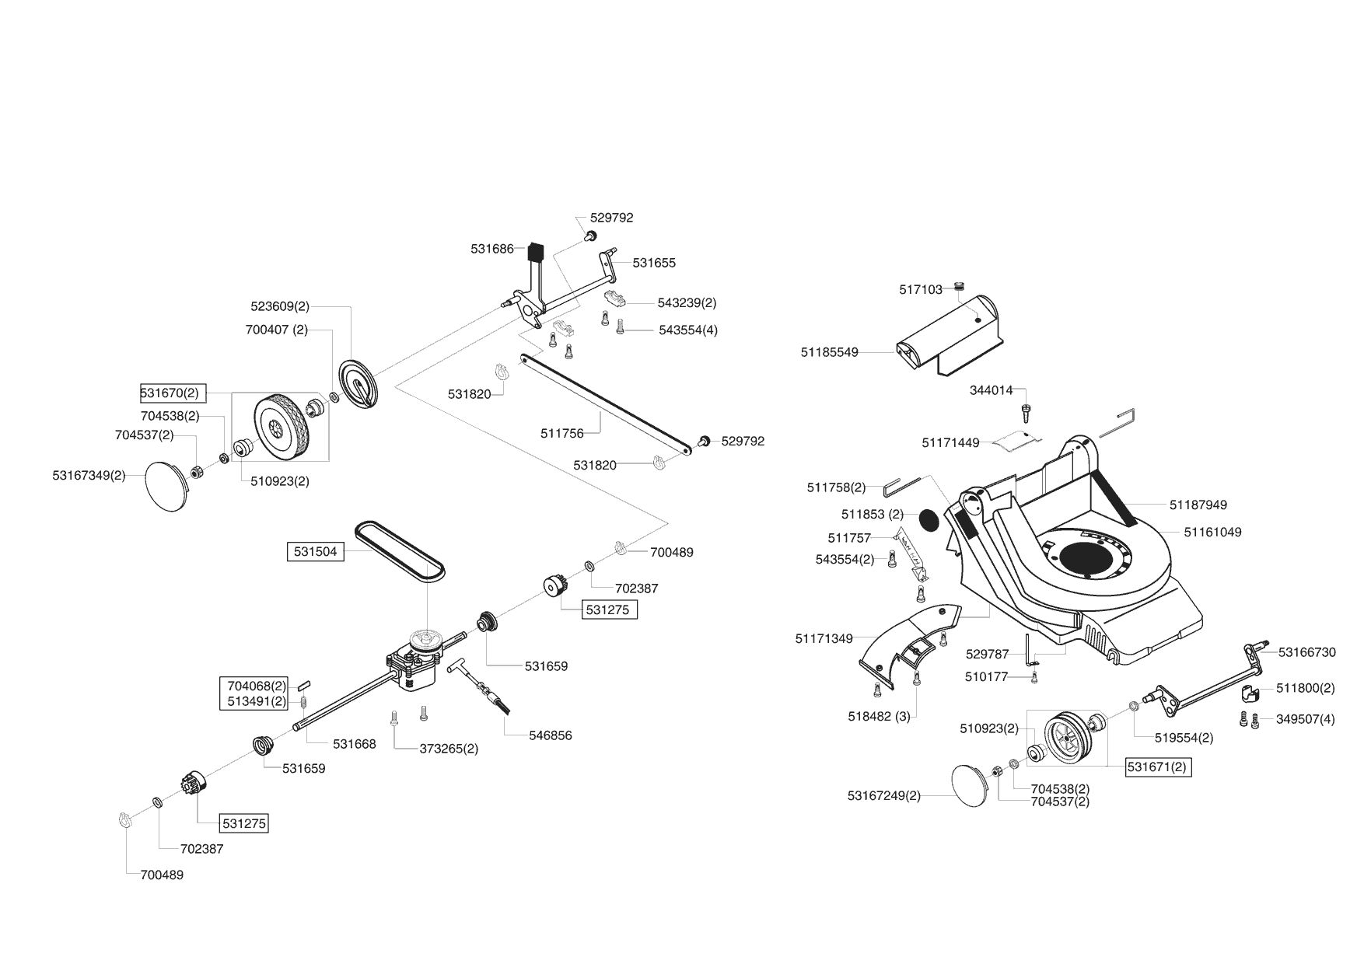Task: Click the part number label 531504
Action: point(315,551)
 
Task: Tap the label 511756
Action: point(561,433)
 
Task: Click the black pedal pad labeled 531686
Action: point(535,252)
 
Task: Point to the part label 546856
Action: point(550,735)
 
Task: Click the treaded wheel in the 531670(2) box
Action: point(280,427)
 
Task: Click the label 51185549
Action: point(829,352)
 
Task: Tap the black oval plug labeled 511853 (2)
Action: point(929,519)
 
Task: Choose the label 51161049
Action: point(1212,533)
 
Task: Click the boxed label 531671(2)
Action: point(1159,767)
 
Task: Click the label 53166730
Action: point(1306,652)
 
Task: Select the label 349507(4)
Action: point(1305,719)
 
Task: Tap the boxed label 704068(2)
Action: point(256,686)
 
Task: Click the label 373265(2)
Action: point(449,749)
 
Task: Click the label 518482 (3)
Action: point(879,716)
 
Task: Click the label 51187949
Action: point(1198,505)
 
